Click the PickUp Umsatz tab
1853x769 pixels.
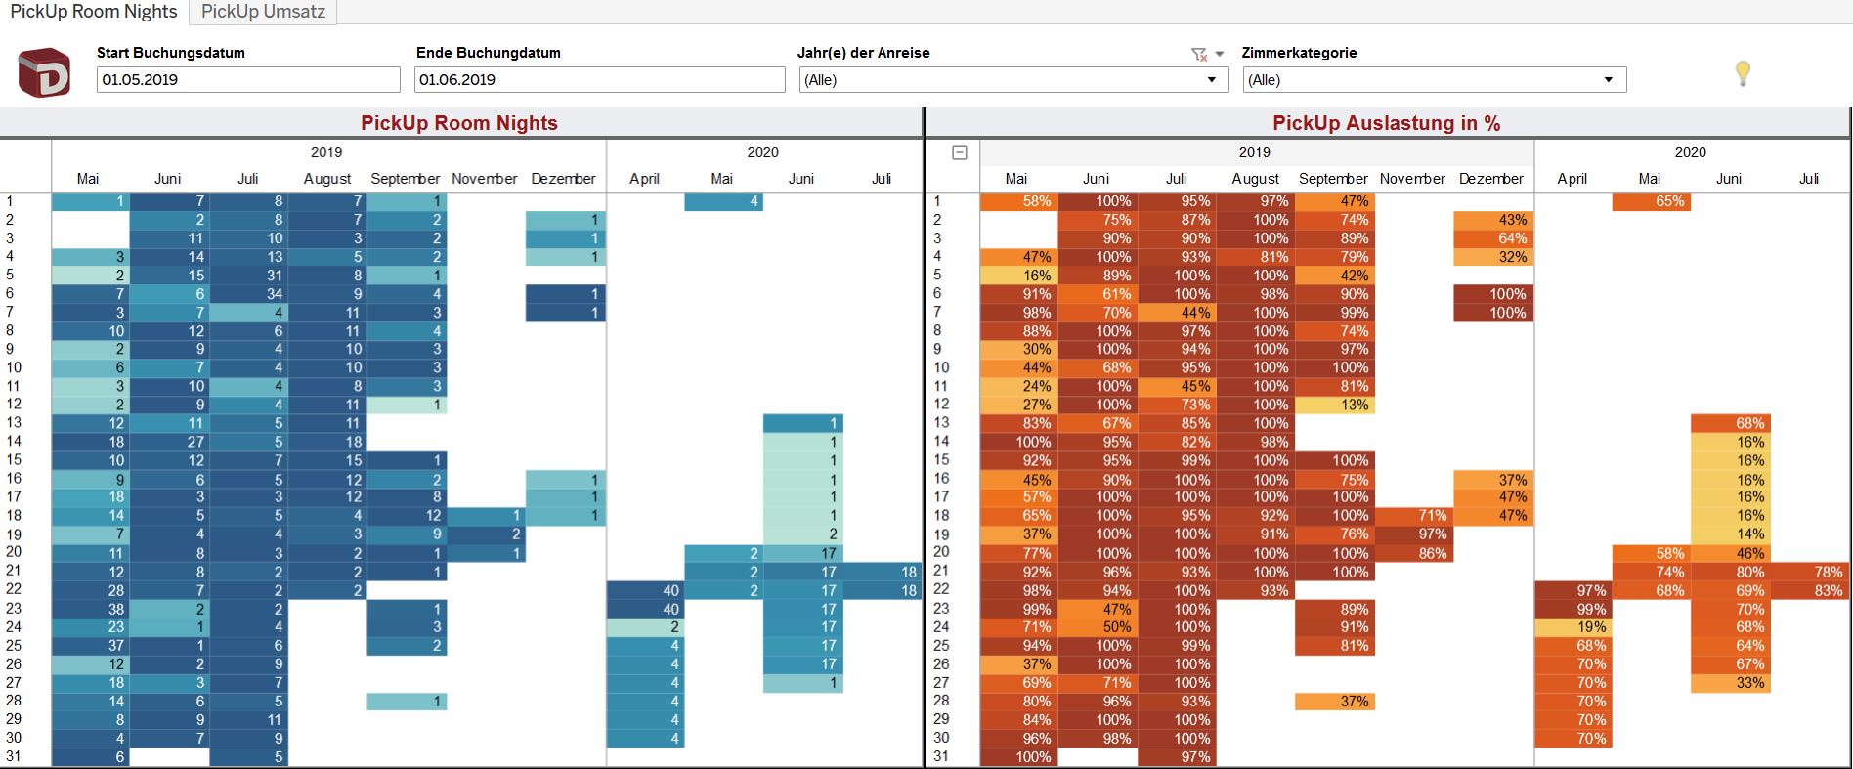click(x=262, y=12)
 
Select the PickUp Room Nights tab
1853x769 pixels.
click(x=94, y=12)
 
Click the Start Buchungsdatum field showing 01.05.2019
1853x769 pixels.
click(x=248, y=80)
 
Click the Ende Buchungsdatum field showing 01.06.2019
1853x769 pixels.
click(x=599, y=80)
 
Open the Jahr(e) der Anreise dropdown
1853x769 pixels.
click(x=1013, y=80)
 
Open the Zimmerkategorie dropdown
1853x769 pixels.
click(x=1434, y=80)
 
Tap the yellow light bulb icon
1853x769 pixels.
click(x=1742, y=73)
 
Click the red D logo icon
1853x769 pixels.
click(x=44, y=73)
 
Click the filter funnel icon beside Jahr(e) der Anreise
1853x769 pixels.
click(x=1199, y=55)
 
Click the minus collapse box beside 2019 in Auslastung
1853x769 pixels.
click(x=960, y=152)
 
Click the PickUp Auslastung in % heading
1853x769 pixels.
click(x=1386, y=123)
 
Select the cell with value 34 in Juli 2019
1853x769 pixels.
click(x=248, y=294)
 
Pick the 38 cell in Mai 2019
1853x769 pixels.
click(x=90, y=609)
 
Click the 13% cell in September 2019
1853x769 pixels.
click(x=1334, y=405)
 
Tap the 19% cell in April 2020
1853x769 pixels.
click(x=1573, y=627)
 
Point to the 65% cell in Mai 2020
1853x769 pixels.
click(x=1652, y=202)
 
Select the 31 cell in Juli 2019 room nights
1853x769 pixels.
click(x=248, y=276)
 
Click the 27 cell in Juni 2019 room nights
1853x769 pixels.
click(x=169, y=442)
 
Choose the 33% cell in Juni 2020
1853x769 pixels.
click(x=1731, y=683)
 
